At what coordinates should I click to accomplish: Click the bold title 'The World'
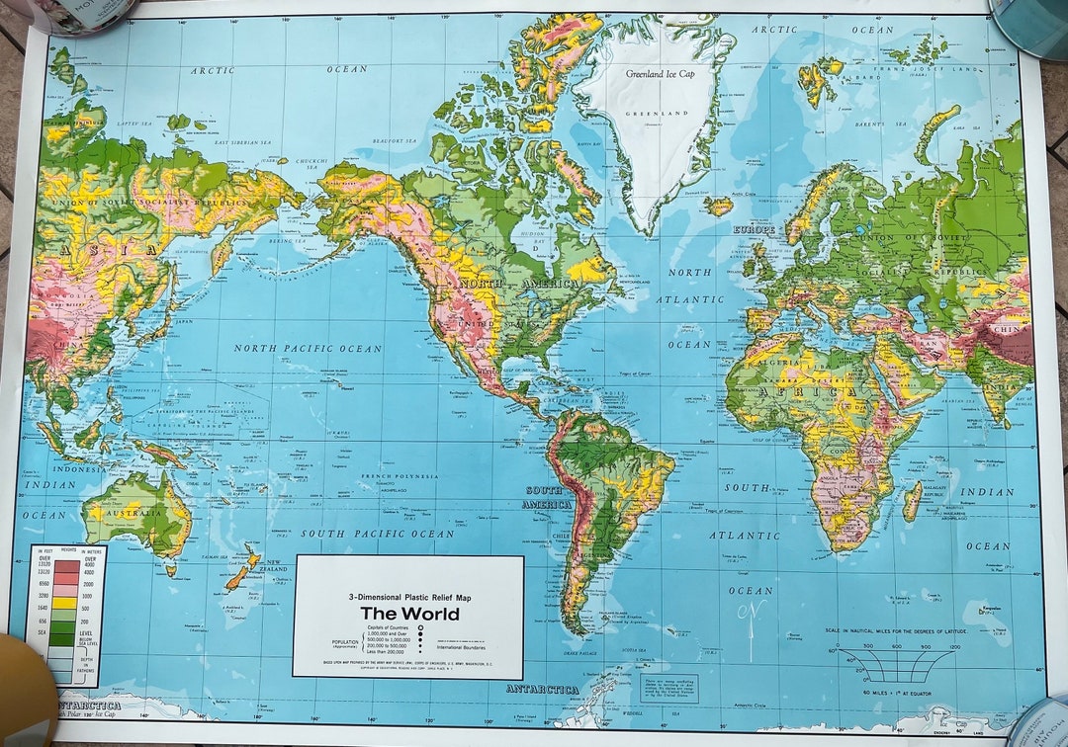pos(408,614)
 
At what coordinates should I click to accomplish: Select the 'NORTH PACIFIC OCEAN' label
pos(308,348)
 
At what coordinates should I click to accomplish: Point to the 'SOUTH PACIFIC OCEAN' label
pos(377,534)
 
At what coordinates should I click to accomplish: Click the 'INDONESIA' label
pos(78,469)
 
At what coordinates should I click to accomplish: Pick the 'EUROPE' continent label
pos(753,229)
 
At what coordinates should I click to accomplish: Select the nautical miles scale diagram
pos(896,663)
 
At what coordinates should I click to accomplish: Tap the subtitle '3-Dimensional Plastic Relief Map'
pos(408,596)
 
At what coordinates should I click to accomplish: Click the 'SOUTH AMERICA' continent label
pos(547,497)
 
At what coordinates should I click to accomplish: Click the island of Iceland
pos(719,206)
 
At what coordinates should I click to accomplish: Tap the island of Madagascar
pos(911,502)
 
